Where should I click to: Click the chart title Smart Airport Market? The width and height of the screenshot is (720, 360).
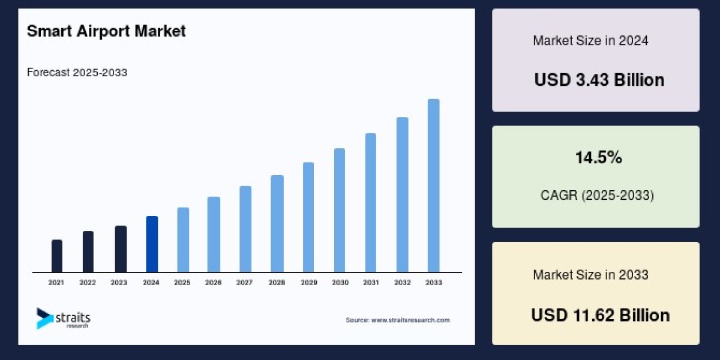[x=106, y=31]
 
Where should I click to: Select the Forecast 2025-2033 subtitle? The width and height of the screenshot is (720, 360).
[x=77, y=73]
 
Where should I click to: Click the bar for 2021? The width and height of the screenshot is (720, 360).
[x=57, y=256]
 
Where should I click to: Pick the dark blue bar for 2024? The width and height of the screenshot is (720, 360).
[x=152, y=244]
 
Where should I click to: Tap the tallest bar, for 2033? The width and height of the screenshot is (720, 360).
[x=433, y=186]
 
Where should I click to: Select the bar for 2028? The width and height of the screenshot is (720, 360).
[x=277, y=224]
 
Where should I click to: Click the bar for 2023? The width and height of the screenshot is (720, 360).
[x=121, y=249]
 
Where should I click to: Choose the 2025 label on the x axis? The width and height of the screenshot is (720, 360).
[x=182, y=282]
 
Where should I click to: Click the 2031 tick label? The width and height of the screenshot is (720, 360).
[x=370, y=282]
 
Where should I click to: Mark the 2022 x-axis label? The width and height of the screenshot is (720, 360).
[x=88, y=282]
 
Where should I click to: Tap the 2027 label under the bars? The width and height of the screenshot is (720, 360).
[x=244, y=282]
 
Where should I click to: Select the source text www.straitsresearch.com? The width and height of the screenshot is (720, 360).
[x=410, y=320]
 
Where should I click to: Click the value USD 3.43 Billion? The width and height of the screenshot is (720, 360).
[x=599, y=80]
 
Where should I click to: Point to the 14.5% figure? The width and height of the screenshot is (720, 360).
[x=598, y=158]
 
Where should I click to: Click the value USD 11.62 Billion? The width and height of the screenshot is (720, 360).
[x=600, y=315]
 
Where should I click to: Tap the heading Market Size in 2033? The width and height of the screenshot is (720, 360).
[x=590, y=275]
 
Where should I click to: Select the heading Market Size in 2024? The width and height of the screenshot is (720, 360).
[x=590, y=41]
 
